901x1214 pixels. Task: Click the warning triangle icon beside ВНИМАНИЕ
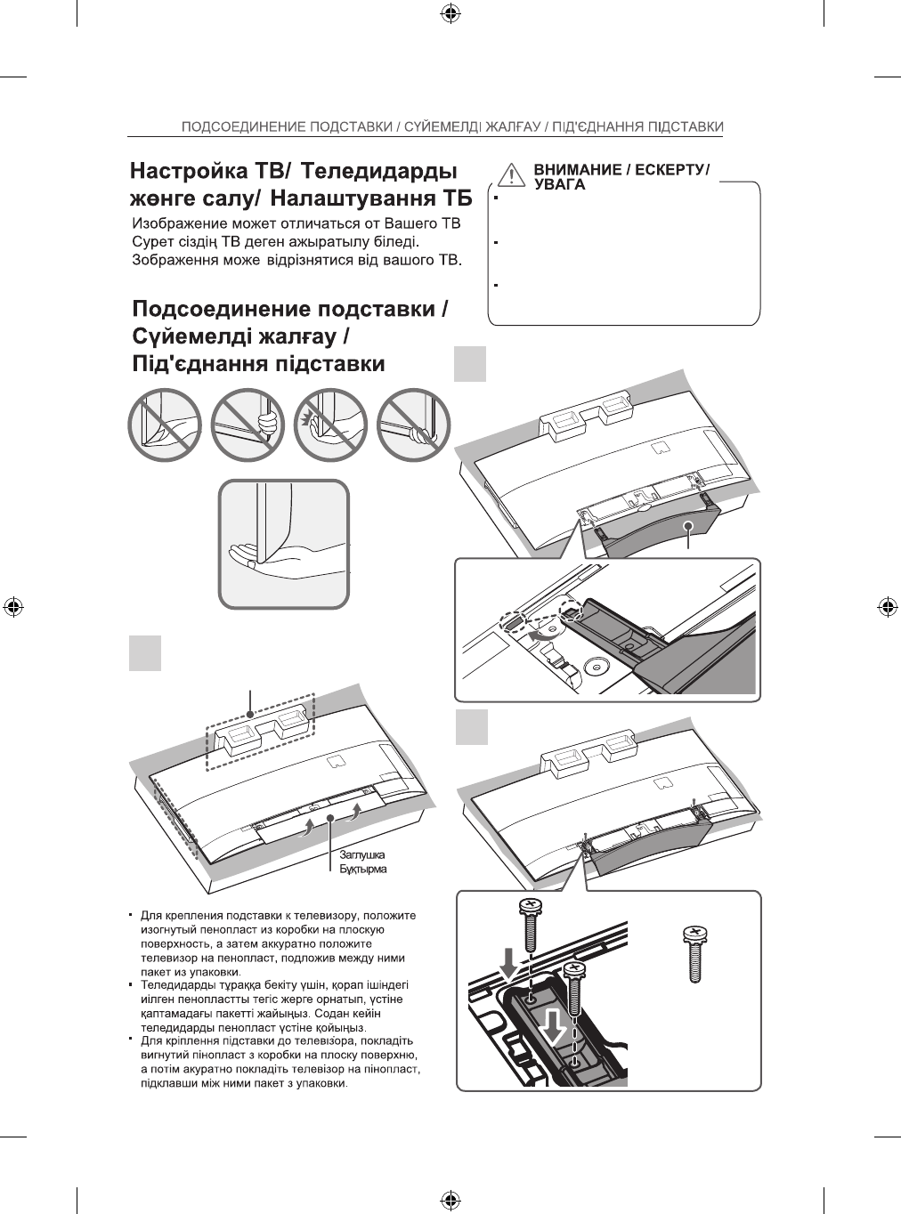point(509,173)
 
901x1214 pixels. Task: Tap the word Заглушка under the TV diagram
point(361,855)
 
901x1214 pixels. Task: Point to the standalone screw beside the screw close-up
point(694,953)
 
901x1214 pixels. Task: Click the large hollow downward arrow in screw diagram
point(556,1027)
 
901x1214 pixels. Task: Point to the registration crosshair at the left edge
point(12,606)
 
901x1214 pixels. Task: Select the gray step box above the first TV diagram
point(145,652)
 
